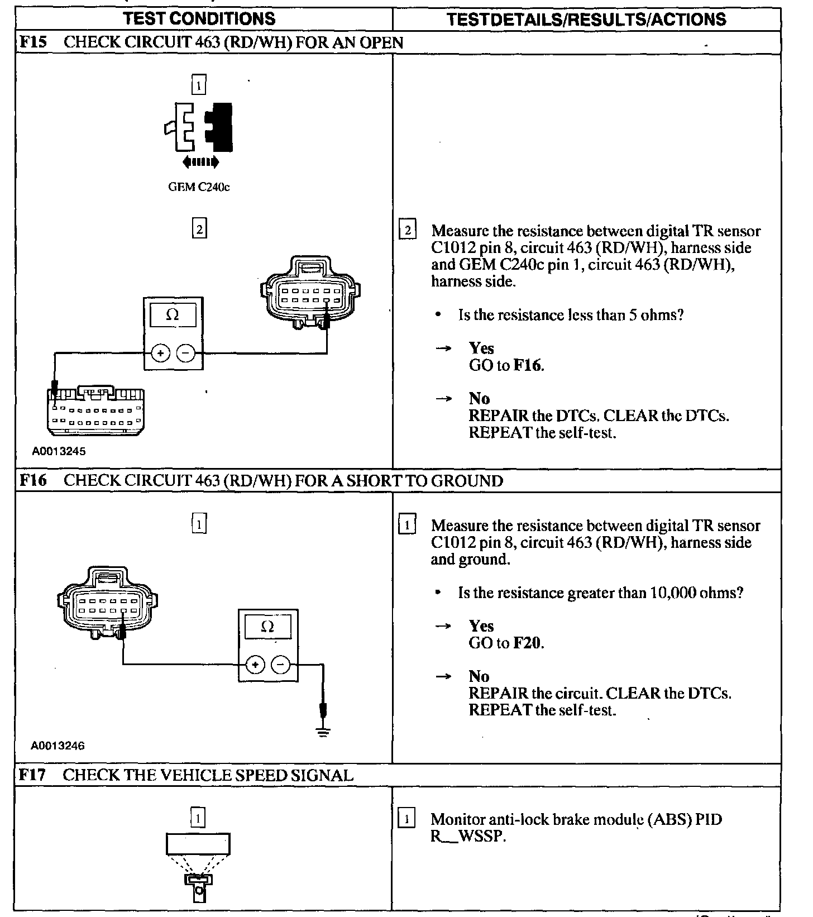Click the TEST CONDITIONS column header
coord(199,18)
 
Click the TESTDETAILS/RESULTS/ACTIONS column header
coord(586,20)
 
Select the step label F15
coord(33,42)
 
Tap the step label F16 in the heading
coord(33,480)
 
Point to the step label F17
coord(32,775)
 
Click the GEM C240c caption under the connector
coord(199,187)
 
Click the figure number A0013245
coord(59,451)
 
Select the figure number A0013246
coord(58,746)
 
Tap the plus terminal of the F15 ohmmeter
coord(160,353)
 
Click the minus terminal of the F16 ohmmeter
coord(280,665)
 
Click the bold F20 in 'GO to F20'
coord(527,643)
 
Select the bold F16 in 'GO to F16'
coord(527,365)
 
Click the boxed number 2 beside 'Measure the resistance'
coord(408,230)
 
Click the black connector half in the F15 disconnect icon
coord(219,127)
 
